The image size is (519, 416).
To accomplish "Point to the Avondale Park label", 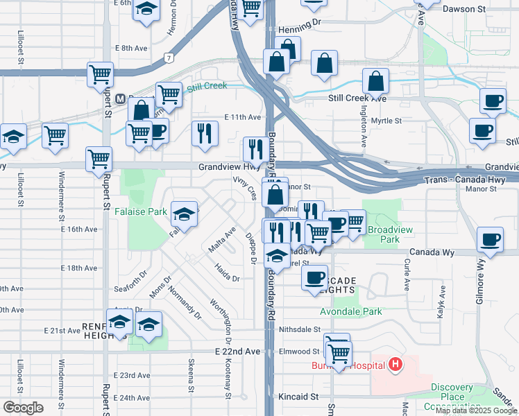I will [x=355, y=311].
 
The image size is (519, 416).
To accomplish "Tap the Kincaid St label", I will [x=300, y=397].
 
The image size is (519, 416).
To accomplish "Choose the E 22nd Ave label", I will [x=237, y=352].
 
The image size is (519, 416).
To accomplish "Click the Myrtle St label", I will [x=386, y=121].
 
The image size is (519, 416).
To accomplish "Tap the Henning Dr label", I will [x=300, y=31].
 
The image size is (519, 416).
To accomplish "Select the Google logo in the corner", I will [x=22, y=408].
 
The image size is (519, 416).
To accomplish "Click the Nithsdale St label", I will [x=300, y=330].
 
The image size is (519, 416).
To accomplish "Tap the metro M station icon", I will [x=120, y=99].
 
